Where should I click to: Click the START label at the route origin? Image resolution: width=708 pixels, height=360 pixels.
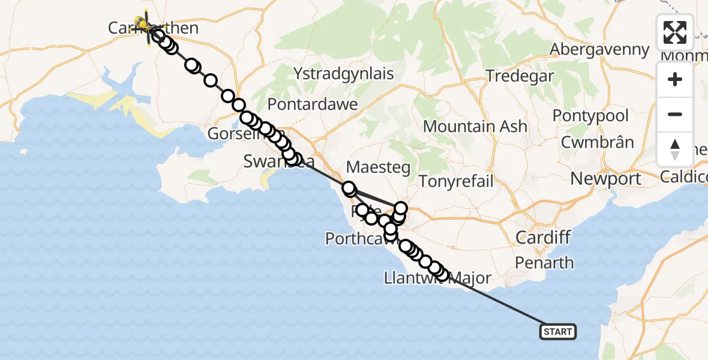558,331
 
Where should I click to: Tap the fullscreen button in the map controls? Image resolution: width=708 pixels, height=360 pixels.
675,32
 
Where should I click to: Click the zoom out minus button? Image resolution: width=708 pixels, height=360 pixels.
675,115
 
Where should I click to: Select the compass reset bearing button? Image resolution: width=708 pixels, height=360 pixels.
675,149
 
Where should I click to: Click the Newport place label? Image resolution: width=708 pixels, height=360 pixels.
605,179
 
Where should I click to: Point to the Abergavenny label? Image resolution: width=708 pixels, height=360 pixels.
599,49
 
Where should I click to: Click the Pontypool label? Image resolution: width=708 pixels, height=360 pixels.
590,116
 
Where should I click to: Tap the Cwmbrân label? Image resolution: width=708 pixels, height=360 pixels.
597,143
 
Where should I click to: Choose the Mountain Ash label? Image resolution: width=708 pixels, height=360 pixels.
475,127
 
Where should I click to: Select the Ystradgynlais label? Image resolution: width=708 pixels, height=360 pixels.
344,74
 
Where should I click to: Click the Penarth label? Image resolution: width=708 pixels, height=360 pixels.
544,262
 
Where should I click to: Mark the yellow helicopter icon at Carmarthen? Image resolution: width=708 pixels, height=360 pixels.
143,24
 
